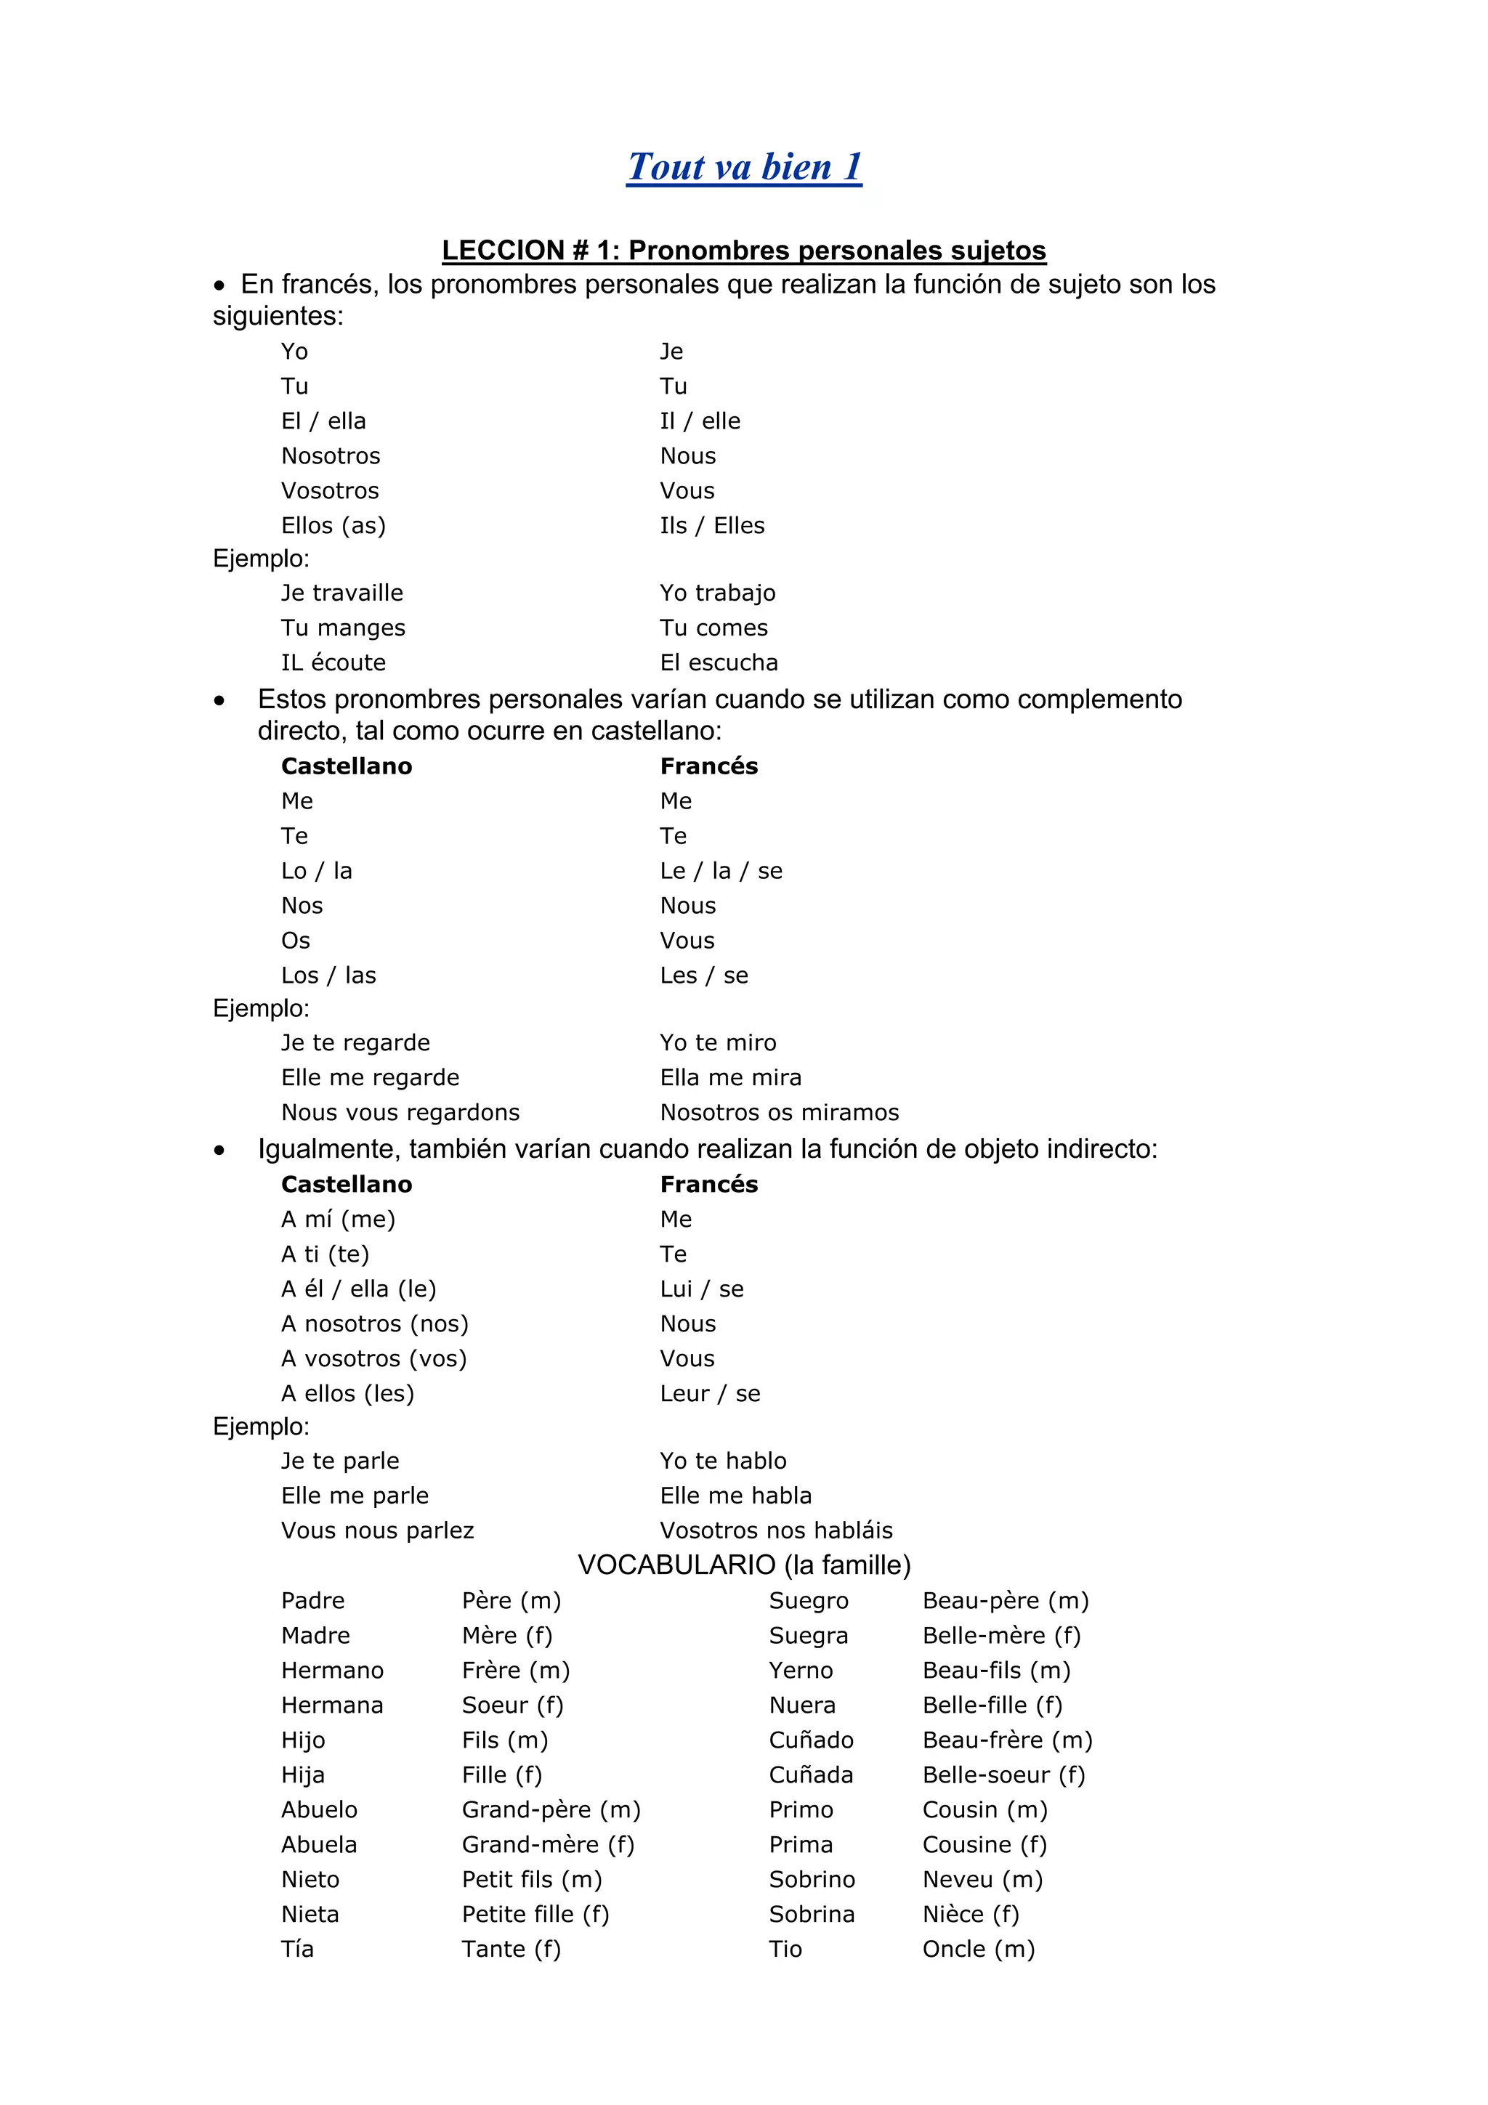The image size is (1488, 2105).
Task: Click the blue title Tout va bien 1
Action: pos(743,167)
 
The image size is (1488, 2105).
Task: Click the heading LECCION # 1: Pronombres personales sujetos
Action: pos(743,251)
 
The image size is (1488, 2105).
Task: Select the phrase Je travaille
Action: pos(342,593)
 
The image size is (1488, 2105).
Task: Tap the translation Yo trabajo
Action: pos(718,593)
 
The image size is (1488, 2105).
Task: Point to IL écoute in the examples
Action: pos(333,663)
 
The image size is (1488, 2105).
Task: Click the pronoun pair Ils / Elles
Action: pos(712,525)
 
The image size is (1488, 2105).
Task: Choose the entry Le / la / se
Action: pos(721,871)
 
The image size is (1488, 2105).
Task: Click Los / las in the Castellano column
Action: pos(328,976)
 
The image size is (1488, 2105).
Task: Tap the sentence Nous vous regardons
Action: pos(400,1112)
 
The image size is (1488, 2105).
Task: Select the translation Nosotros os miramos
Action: pos(780,1112)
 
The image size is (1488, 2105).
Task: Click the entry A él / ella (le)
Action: pos(358,1289)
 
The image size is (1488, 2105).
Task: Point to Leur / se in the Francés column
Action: pos(711,1394)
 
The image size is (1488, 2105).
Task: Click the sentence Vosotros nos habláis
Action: pos(777,1530)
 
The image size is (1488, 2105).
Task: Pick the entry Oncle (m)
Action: pos(978,1949)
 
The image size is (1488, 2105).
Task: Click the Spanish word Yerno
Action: pos(801,1671)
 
